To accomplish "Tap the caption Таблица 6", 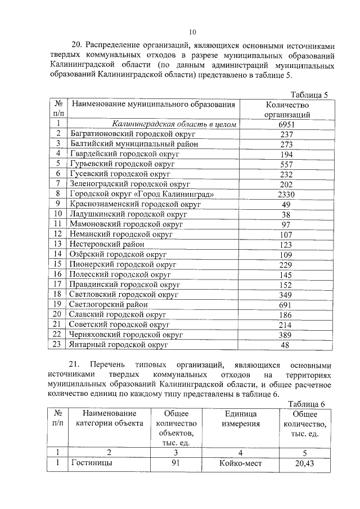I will [307, 403].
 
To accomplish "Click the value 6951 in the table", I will [287, 124].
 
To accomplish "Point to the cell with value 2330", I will [287, 194].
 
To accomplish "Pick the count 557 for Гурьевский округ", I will [287, 164].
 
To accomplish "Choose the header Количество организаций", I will [287, 109].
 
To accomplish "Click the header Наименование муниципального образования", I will [153, 105].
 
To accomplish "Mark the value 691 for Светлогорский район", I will [287, 304].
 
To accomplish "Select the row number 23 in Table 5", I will [57, 345].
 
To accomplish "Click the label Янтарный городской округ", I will [119, 345].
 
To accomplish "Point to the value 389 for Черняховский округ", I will [287, 335].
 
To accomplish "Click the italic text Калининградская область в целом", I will [173, 124].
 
